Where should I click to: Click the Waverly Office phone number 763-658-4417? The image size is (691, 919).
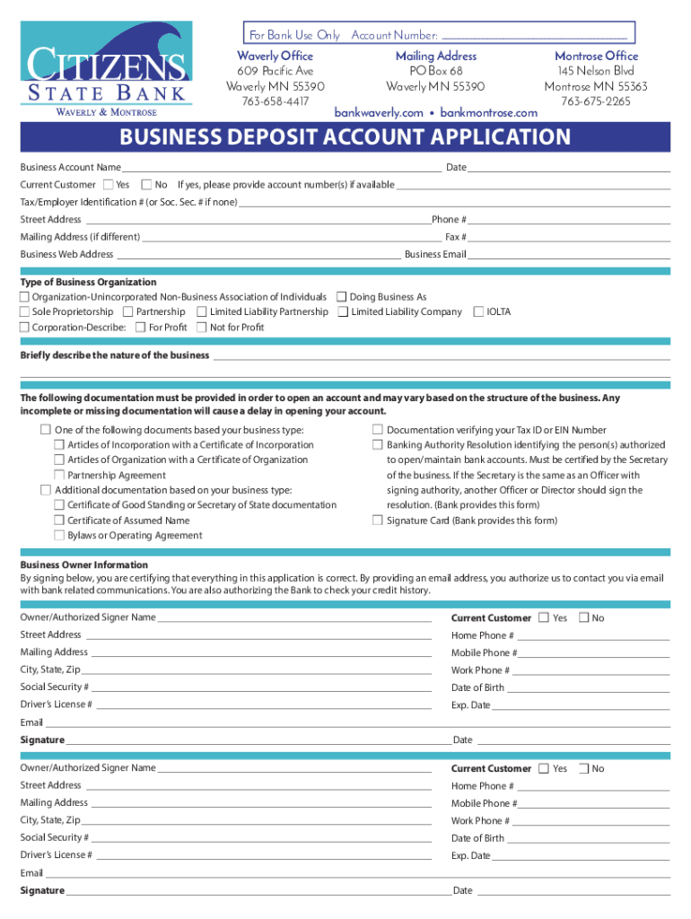tap(275, 101)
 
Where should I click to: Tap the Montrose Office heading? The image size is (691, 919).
tap(596, 56)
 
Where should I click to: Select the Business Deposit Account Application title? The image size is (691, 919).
tap(345, 137)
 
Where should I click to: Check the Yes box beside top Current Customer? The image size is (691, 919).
tap(109, 185)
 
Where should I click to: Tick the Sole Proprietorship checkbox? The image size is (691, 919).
tap(25, 312)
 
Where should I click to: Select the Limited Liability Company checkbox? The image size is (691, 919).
tap(343, 312)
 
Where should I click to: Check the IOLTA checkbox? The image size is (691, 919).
tap(478, 312)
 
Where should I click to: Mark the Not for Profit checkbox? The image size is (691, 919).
tap(202, 328)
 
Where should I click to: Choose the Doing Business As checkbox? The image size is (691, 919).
tap(342, 297)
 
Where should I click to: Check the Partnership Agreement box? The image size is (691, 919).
tap(59, 475)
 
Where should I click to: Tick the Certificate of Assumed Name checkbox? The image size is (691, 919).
tap(59, 521)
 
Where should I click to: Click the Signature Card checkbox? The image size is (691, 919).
tap(378, 521)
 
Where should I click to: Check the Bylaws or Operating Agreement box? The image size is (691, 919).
tap(59, 536)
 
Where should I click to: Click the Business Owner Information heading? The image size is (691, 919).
tap(84, 565)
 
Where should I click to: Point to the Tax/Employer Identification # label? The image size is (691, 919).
tap(129, 202)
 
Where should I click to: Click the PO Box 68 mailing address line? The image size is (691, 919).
tap(435, 71)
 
